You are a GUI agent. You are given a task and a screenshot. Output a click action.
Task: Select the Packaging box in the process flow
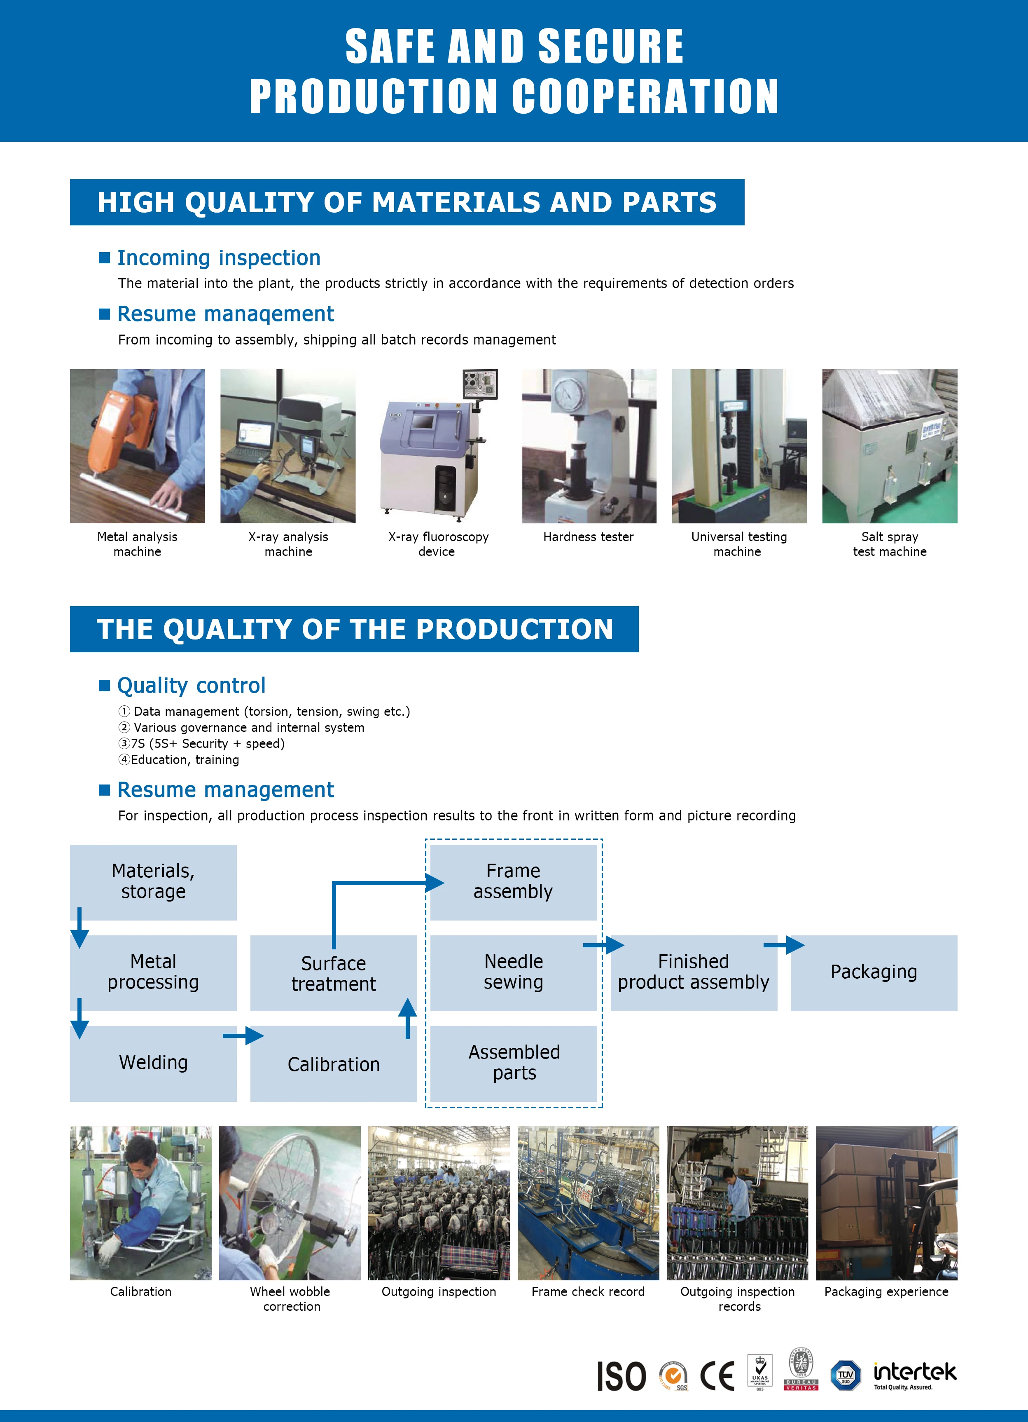(874, 972)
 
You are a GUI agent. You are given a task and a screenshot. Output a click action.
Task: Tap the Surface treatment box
(334, 973)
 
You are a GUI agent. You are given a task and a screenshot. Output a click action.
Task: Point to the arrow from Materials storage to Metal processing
(79, 928)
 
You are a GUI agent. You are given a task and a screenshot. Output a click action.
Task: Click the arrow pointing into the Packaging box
(784, 945)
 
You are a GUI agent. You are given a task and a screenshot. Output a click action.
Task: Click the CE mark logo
(717, 1376)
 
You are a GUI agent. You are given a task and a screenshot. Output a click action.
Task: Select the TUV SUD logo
(846, 1375)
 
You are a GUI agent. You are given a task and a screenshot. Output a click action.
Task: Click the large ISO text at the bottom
(621, 1377)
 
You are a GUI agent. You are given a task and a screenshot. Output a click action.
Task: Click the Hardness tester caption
(588, 536)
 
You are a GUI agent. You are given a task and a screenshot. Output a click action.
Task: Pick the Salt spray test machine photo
(890, 446)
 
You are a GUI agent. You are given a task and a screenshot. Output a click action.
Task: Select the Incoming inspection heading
(219, 258)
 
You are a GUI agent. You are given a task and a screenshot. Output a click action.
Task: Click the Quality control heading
(191, 685)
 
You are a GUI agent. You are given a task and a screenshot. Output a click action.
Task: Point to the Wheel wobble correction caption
(290, 1298)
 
